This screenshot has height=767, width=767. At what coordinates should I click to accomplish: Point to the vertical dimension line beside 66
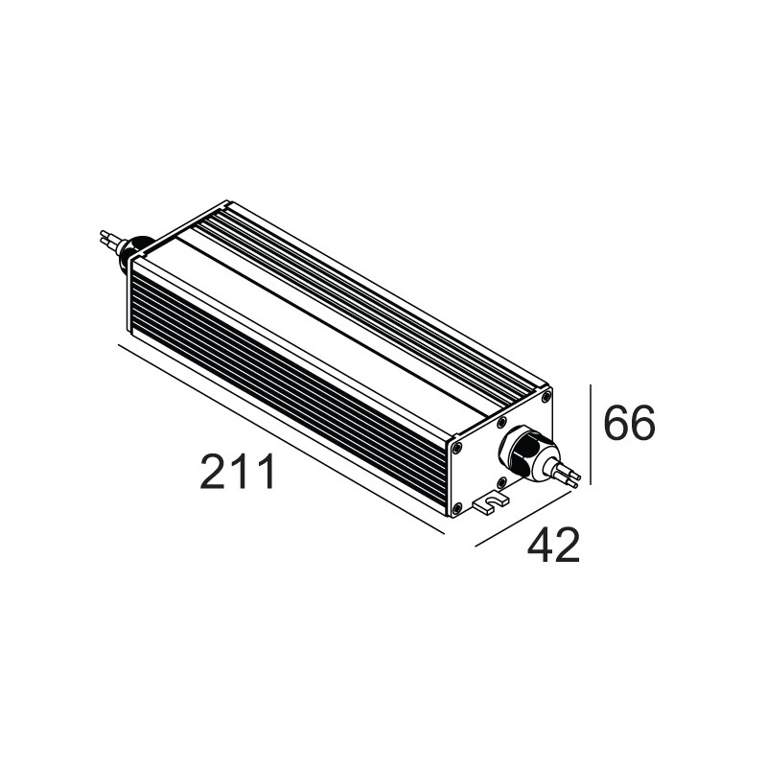[591, 436]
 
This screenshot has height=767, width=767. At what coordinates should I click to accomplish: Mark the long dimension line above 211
[278, 436]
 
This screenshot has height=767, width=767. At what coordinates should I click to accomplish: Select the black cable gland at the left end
[137, 248]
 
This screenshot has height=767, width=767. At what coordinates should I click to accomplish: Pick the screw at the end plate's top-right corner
[546, 397]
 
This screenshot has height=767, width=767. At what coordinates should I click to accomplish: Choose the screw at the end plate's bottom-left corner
[459, 509]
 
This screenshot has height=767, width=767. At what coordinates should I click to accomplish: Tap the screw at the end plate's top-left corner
[456, 445]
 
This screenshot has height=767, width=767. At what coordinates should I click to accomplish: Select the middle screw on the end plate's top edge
[501, 421]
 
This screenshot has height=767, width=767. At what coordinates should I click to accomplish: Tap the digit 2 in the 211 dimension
[216, 472]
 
